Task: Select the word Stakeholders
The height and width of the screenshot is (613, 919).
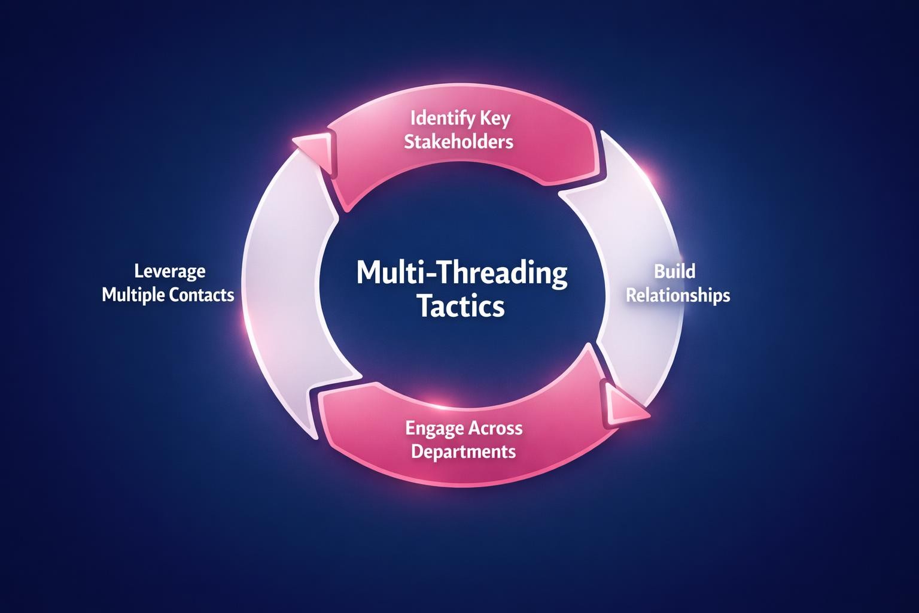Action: click(x=459, y=142)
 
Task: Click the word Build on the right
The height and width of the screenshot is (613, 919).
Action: click(x=674, y=271)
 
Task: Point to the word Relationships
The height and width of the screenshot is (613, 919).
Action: click(x=678, y=295)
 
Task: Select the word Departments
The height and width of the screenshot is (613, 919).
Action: click(x=464, y=451)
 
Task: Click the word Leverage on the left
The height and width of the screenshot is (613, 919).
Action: click(x=169, y=271)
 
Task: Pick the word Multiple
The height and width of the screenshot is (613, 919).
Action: click(x=132, y=295)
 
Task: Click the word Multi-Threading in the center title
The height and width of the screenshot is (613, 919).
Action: click(x=462, y=273)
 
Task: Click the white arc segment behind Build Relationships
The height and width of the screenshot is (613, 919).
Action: click(x=643, y=239)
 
